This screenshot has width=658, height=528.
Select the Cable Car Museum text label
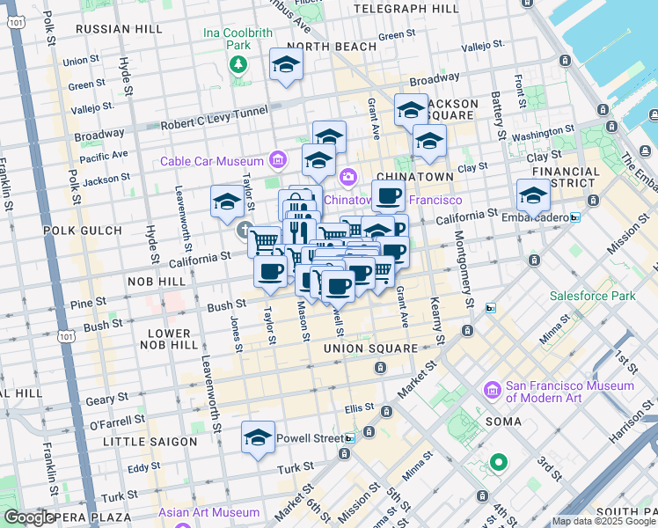tap(212, 161)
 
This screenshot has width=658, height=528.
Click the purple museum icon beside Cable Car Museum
tap(279, 160)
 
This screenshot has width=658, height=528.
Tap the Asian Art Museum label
tap(209, 512)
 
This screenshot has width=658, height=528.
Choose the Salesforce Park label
tap(592, 296)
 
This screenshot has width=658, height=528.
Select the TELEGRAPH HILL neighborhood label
tap(406, 9)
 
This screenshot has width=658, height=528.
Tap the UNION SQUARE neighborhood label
tap(369, 348)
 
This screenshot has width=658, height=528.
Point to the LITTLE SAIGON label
tap(150, 441)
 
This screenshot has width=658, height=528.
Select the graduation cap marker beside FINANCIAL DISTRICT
tap(533, 194)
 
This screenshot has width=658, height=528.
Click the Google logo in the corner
tap(28, 517)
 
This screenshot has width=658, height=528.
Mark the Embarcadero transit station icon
tap(575, 217)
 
